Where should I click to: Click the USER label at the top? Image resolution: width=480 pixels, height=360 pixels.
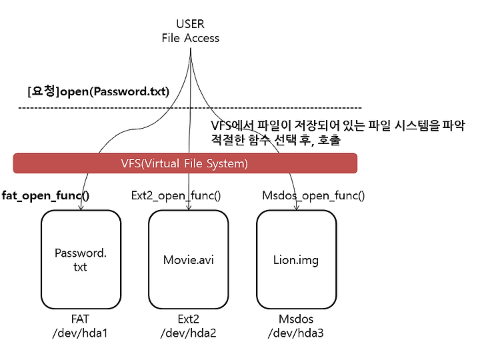pos(190,24)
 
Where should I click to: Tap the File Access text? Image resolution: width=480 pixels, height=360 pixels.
pos(191,38)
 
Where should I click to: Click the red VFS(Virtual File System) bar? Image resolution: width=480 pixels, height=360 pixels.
pos(185,163)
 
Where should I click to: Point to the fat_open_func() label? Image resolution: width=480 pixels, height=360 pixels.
pos(45,195)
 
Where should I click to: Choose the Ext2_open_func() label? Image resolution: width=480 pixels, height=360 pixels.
pos(176,195)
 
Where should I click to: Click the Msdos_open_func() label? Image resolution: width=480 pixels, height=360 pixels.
pos(313,195)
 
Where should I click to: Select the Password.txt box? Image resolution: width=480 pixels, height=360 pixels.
pos(81,259)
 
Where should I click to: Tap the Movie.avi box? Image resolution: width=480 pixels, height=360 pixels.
pos(189,259)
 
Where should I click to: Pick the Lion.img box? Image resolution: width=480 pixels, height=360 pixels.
pos(296,259)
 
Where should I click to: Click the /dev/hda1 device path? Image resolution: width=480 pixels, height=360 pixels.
pos(80,333)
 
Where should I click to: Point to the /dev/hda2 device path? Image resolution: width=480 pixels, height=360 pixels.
pos(188,333)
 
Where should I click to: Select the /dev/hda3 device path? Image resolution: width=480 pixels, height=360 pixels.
pos(296,333)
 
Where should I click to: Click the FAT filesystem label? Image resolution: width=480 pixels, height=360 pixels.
pos(80,319)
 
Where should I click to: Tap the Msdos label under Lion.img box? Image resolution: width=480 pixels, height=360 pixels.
pos(296,319)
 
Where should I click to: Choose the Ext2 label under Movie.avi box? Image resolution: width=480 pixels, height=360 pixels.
pos(188,319)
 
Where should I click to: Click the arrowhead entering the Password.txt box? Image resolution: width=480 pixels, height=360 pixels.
pos(81,208)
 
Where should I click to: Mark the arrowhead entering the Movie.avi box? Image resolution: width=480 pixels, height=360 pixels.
pos(189,208)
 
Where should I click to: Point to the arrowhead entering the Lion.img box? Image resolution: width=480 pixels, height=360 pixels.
pos(296,208)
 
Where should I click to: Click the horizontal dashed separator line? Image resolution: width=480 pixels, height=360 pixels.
pos(190,108)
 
